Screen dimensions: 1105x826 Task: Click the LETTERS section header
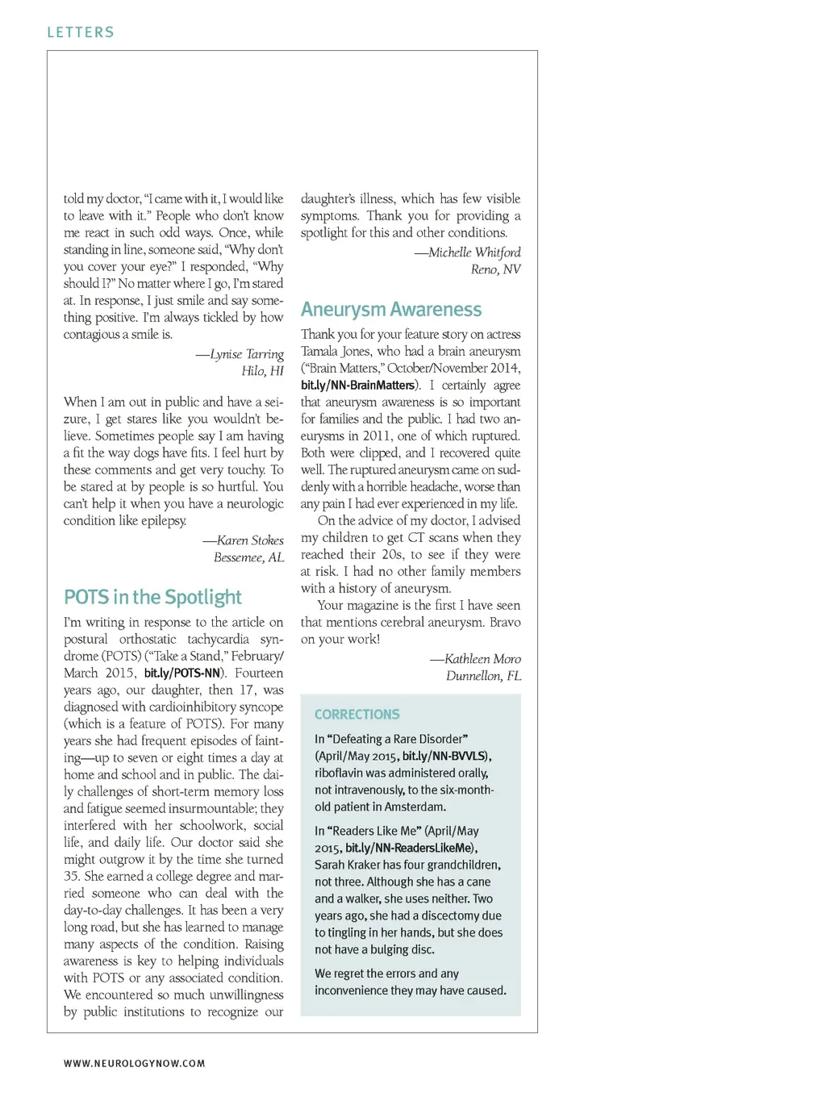point(81,32)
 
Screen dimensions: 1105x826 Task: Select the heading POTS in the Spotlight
point(152,598)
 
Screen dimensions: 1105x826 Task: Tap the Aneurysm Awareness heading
point(391,310)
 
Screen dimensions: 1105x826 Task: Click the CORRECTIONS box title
point(357,715)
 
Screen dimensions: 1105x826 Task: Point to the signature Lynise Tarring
point(246,354)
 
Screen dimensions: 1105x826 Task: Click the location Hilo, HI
point(262,371)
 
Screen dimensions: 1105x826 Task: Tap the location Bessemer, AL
point(248,557)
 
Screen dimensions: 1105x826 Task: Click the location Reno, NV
point(495,269)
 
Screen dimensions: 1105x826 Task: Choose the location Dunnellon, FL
point(483,676)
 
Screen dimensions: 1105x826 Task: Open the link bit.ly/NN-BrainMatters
point(358,386)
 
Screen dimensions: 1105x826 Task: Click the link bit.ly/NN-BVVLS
point(444,757)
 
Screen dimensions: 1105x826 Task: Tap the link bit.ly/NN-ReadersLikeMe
point(409,849)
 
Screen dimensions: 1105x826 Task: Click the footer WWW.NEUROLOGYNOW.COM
point(134,1064)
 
